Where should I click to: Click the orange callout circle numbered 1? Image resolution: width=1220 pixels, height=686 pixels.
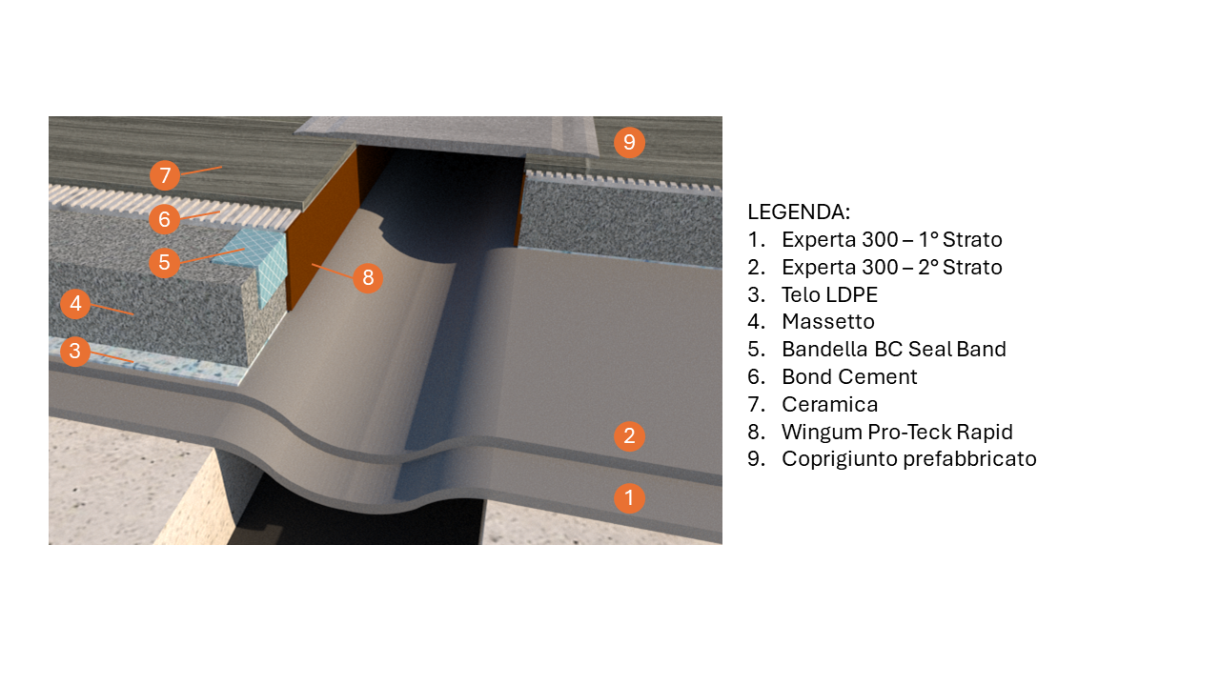tap(629, 497)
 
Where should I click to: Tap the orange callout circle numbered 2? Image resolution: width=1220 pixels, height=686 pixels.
tap(629, 435)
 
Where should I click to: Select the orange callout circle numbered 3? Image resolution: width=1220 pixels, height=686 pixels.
tap(75, 351)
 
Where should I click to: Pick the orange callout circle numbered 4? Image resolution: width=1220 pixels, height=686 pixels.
tap(75, 303)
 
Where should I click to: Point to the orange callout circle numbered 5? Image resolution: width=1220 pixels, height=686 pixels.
tap(164, 262)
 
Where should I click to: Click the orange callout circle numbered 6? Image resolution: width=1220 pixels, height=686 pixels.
tap(164, 219)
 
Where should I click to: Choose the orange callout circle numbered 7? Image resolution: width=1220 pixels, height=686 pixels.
tap(165, 175)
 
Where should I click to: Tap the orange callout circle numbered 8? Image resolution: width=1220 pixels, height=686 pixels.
tap(368, 277)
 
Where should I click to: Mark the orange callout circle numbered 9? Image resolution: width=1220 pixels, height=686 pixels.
tap(629, 142)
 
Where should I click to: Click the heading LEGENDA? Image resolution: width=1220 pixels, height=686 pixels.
tap(799, 212)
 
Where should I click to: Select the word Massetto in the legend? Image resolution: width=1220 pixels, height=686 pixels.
tap(828, 322)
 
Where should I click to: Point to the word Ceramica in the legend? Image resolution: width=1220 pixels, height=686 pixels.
tap(829, 405)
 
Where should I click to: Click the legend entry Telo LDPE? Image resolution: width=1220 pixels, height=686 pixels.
tap(829, 294)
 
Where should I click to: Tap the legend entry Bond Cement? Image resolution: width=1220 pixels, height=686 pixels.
tap(849, 376)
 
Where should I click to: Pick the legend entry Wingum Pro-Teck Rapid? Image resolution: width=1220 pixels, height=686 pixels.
tap(897, 432)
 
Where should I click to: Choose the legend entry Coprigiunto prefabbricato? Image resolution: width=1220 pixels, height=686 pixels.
tap(909, 459)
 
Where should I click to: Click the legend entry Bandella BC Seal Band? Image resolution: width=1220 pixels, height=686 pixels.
tap(894, 349)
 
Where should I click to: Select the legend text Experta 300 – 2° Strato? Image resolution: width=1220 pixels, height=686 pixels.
tap(891, 268)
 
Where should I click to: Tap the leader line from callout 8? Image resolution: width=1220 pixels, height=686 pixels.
tap(333, 272)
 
